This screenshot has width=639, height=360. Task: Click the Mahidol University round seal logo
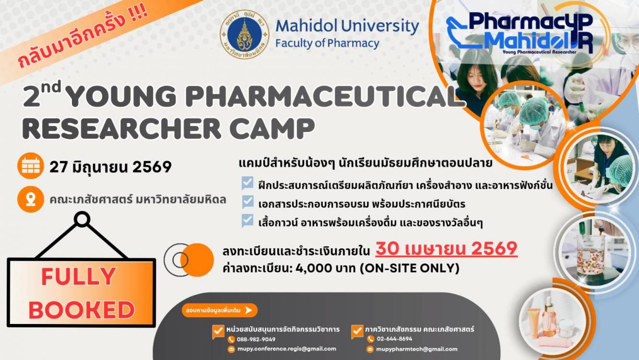pos(245,35)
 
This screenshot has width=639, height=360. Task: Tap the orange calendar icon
pos(31,166)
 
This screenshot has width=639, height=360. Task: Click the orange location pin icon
pos(31,199)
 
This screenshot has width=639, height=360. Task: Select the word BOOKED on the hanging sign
pos(82,310)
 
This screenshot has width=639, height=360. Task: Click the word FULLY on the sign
pos(79,276)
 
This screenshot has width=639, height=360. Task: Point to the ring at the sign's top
pos(82,219)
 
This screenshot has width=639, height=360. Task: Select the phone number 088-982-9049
pos(256,339)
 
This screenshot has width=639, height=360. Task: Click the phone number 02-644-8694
pos(394,339)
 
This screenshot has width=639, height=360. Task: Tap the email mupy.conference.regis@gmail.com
pos(287,349)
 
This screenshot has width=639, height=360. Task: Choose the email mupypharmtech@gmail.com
pos(416,349)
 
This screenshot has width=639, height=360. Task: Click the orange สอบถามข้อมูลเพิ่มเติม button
pos(219,311)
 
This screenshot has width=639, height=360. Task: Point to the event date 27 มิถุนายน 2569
pos(110,167)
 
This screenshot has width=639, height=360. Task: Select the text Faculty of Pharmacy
pos(327,44)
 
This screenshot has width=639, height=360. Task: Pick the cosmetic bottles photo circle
pos(552,322)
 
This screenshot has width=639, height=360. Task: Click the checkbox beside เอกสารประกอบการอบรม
pos(248,202)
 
